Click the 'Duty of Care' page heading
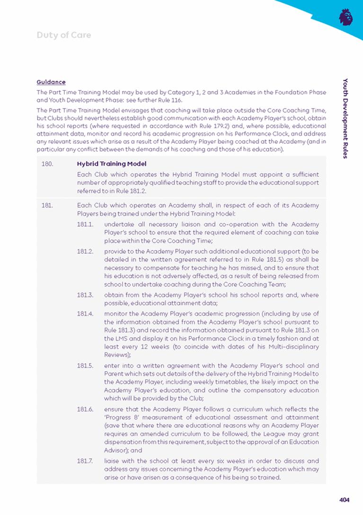(x=63, y=35)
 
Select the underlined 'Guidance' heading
(x=51, y=82)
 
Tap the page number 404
(x=344, y=499)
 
